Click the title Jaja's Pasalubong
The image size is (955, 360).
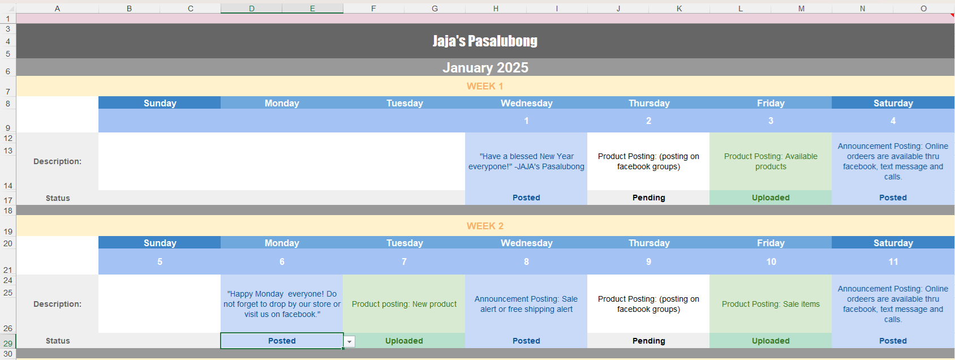click(485, 41)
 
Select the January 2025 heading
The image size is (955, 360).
click(485, 67)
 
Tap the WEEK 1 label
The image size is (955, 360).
click(485, 86)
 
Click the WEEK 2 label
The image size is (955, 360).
click(485, 226)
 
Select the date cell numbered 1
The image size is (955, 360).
click(526, 121)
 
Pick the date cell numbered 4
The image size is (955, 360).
click(893, 121)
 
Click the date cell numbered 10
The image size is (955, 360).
click(771, 262)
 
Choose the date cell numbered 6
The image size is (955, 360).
click(282, 262)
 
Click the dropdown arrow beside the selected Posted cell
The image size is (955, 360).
click(349, 341)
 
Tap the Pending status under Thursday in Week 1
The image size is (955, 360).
click(648, 198)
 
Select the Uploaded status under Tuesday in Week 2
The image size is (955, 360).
click(404, 341)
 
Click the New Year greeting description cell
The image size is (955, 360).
click(526, 161)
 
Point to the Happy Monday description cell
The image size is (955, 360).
click(282, 304)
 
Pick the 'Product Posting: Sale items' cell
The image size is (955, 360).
click(771, 304)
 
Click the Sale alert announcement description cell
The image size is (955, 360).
click(526, 304)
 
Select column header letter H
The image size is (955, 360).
click(496, 8)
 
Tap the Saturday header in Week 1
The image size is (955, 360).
click(893, 103)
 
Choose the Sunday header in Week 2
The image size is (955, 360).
click(160, 243)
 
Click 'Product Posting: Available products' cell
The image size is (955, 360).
click(771, 161)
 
